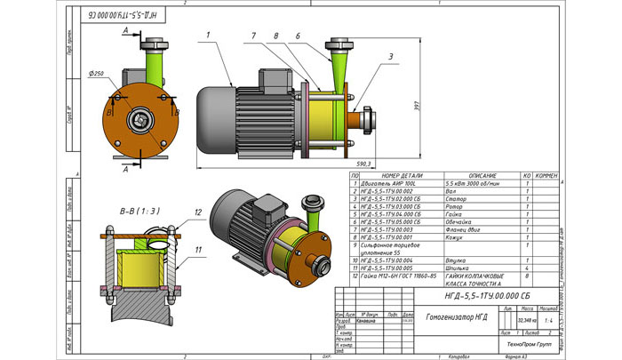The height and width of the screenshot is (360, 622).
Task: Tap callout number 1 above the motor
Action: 206,35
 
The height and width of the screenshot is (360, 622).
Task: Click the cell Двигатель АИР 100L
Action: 388,183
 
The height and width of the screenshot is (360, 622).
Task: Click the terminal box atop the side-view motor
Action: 269,80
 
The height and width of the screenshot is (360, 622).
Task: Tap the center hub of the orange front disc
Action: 140,118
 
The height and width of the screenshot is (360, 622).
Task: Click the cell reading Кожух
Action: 453,236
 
